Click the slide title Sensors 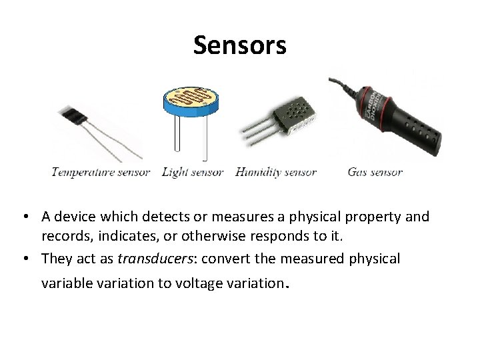click(240, 46)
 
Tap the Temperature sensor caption click(101, 172)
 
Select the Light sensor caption click(193, 172)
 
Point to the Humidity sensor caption click(276, 172)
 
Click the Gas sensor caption click(375, 172)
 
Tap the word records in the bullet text click(62, 235)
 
